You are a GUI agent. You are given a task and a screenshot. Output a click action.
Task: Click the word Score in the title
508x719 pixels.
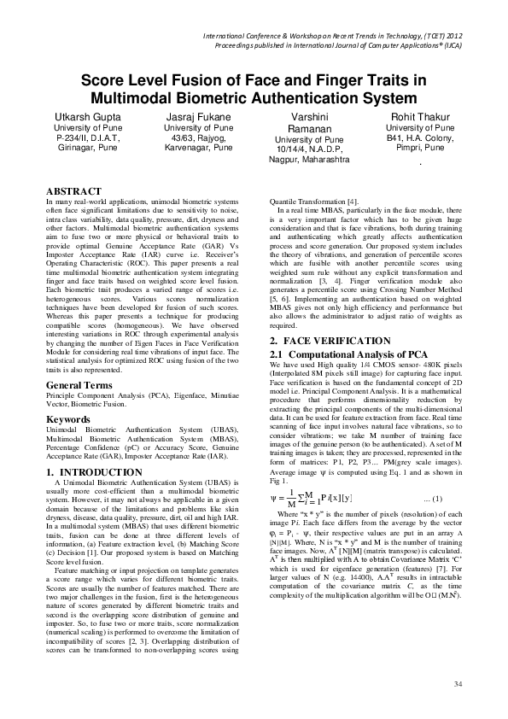[x=102, y=80]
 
